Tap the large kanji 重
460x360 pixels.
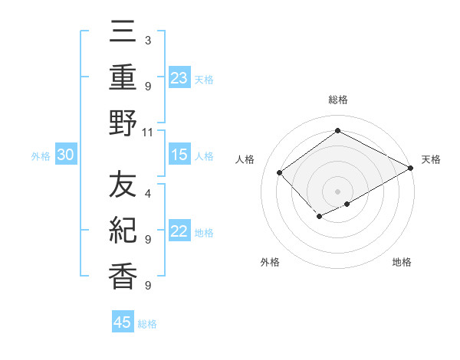(123, 78)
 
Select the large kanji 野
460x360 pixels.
(123, 123)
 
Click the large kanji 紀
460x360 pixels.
(123, 231)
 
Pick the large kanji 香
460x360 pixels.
(123, 276)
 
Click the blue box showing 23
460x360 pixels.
(179, 78)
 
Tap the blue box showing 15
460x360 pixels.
(179, 155)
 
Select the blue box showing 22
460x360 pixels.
(179, 232)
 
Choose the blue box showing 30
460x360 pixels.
(66, 155)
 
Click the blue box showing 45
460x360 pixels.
(123, 322)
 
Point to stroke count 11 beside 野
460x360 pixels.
(147, 132)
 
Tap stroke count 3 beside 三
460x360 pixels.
(147, 39)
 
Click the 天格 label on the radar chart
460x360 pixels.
(431, 159)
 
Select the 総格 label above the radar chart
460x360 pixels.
(337, 100)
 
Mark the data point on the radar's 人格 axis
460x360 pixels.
(280, 172)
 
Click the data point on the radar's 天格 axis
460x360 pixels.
(411, 169)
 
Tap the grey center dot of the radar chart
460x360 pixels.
(337, 191)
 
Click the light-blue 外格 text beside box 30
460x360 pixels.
(41, 156)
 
